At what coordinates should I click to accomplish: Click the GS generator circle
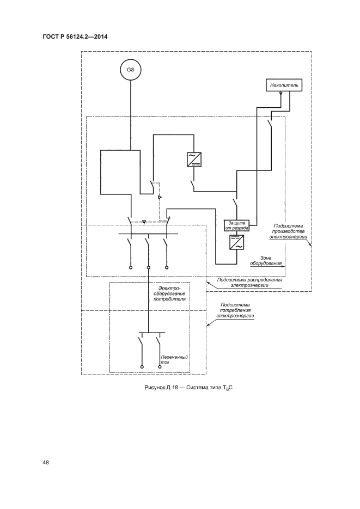coord(131,70)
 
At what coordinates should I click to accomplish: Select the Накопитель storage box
coord(282,85)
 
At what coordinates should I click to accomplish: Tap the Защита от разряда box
coord(236,225)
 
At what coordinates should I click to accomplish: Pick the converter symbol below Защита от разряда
coord(236,243)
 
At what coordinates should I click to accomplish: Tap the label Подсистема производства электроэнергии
coord(288,231)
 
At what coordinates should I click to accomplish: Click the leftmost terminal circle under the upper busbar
coord(131,268)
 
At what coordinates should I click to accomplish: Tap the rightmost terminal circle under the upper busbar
coord(167,268)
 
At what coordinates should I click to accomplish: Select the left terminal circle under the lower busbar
coord(142,367)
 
